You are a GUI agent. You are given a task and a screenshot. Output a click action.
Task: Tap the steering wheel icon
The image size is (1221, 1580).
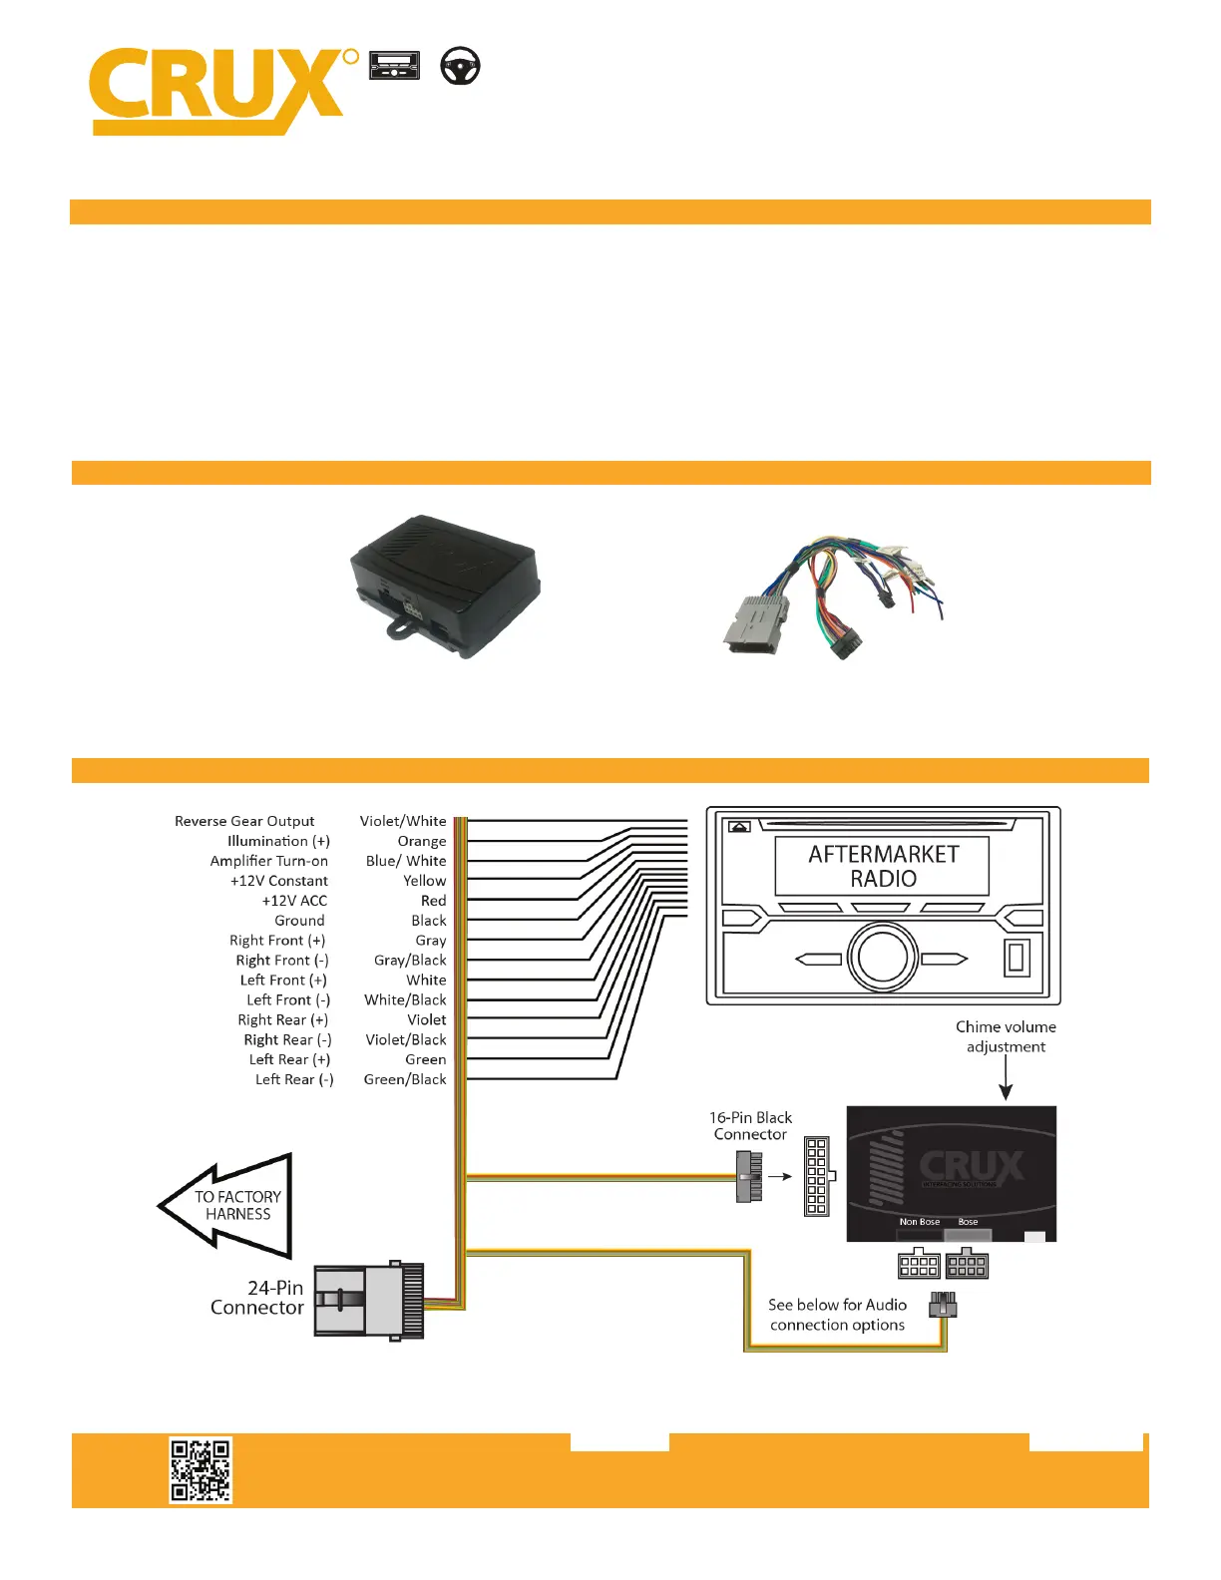[x=460, y=66]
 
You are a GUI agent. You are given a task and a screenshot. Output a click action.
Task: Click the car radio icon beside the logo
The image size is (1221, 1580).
[x=394, y=66]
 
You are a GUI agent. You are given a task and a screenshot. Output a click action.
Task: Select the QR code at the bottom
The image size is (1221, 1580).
[x=200, y=1469]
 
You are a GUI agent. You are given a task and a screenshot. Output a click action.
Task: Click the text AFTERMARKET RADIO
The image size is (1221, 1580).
[x=883, y=866]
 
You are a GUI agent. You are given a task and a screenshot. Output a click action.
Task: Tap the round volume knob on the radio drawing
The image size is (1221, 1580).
[x=882, y=958]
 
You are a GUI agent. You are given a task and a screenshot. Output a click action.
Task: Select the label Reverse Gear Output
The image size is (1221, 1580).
[x=244, y=821]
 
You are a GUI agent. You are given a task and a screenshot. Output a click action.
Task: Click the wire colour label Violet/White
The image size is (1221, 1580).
[x=403, y=821]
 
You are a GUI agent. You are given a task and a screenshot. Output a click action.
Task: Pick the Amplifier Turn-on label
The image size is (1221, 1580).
[x=268, y=861]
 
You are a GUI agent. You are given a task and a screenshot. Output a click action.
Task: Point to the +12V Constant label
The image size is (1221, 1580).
[x=278, y=881]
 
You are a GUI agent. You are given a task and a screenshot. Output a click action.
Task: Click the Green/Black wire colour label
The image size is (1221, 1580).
[x=405, y=1079]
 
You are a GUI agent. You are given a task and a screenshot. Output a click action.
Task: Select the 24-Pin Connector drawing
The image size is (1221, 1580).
[x=368, y=1301]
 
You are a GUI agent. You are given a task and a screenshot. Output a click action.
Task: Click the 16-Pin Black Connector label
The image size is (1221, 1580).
[x=750, y=1126]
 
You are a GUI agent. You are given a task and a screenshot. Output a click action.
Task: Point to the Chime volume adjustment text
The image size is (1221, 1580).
[x=1006, y=1036]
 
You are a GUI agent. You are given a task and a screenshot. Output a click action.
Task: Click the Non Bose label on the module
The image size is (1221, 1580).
[x=919, y=1222]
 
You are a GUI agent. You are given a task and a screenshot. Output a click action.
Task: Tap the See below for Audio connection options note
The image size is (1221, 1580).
[x=837, y=1315]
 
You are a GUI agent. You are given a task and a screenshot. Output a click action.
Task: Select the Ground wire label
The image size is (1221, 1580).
[x=299, y=921]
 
